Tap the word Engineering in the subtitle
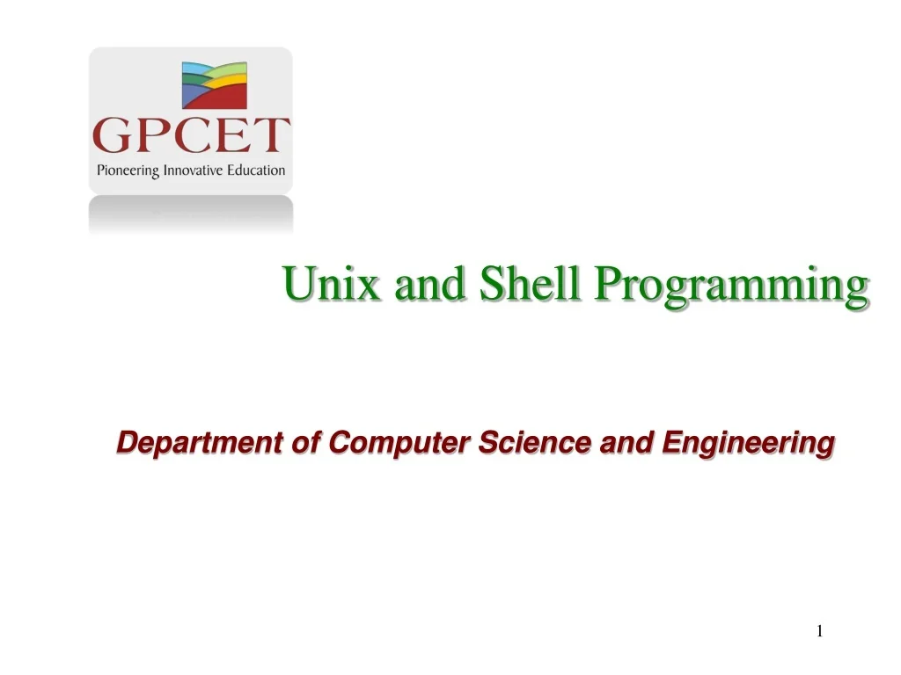tap(747, 444)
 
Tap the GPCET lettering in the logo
tap(191, 137)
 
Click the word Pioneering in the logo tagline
tap(128, 171)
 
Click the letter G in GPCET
tap(113, 137)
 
